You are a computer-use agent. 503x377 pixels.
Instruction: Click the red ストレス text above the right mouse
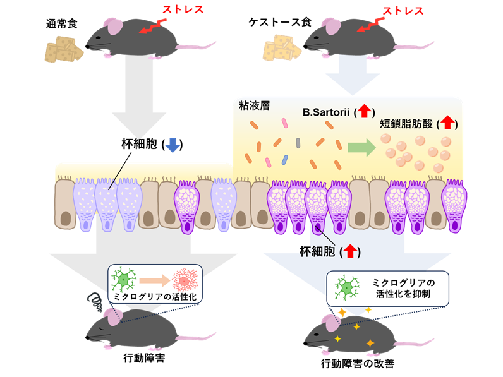[401, 10]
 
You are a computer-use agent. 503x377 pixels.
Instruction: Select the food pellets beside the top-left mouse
[64, 49]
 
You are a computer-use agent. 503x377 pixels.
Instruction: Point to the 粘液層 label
[255, 105]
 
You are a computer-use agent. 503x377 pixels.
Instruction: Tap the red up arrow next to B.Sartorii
[364, 112]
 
